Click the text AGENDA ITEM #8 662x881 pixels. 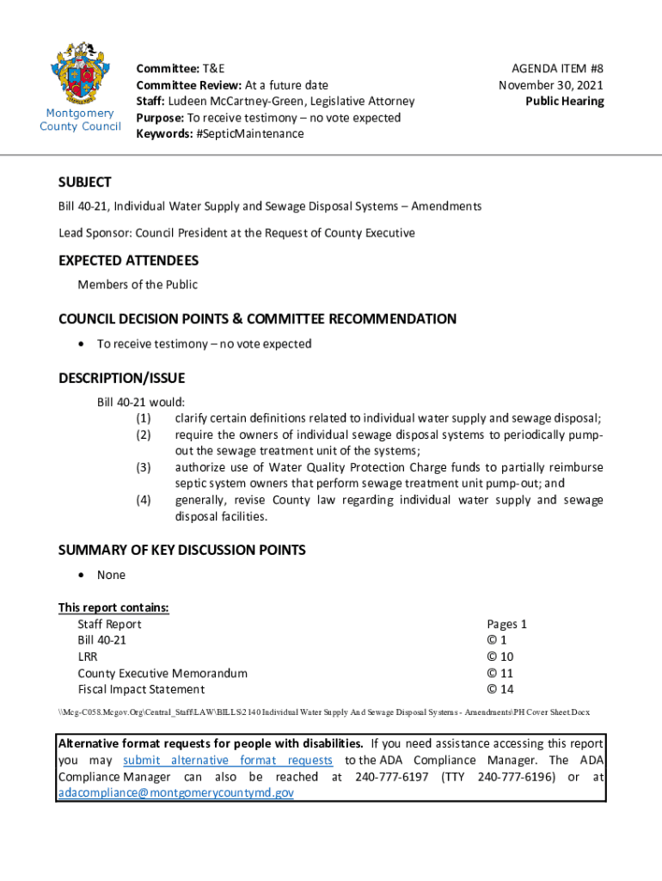(557, 68)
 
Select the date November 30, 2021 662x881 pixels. (551, 84)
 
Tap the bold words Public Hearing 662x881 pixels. (565, 101)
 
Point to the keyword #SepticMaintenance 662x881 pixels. (248, 133)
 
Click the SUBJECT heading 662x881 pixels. (84, 182)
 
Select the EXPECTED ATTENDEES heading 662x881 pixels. (128, 260)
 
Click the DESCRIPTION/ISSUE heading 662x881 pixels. (121, 378)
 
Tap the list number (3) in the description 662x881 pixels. (144, 467)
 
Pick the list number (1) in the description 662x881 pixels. (144, 418)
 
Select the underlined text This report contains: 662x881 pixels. (113, 607)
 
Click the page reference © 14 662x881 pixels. (500, 689)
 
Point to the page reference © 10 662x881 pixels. (500, 656)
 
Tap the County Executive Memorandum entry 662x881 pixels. (162, 673)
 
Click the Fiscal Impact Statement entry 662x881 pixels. (141, 689)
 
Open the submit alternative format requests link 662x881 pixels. (228, 760)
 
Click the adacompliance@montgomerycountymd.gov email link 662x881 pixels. (175, 792)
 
